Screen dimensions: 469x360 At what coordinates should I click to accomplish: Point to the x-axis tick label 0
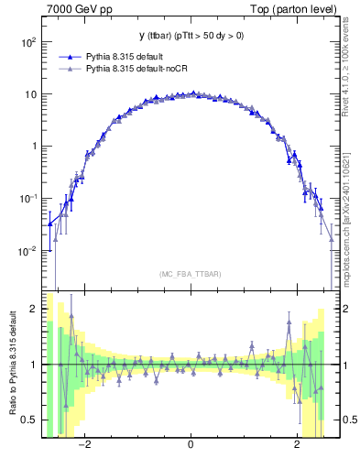(190, 444)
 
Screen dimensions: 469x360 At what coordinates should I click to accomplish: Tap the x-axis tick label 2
(297, 444)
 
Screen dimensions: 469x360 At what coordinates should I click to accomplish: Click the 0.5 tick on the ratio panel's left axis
(31, 420)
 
